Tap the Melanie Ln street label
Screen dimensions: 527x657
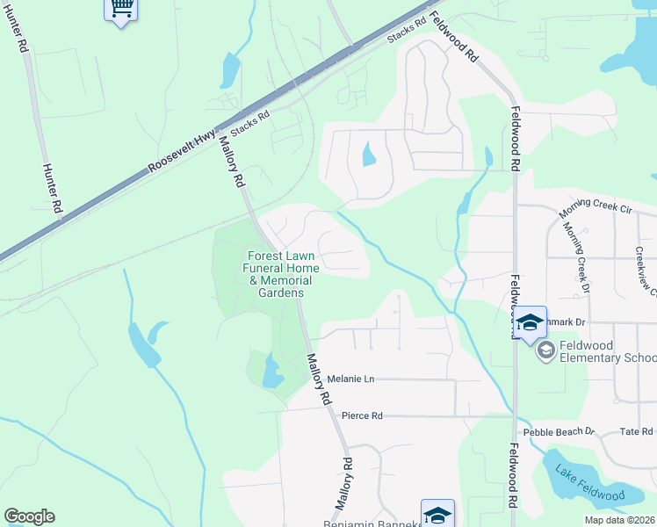(350, 379)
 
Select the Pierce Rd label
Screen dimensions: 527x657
(362, 415)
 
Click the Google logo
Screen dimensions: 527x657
(29, 516)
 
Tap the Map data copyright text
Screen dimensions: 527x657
(620, 520)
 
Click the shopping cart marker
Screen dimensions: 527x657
(121, 10)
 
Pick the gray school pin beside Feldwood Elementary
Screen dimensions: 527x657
(545, 351)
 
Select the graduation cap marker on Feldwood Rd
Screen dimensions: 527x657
(530, 322)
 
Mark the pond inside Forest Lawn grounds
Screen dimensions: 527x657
(272, 372)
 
